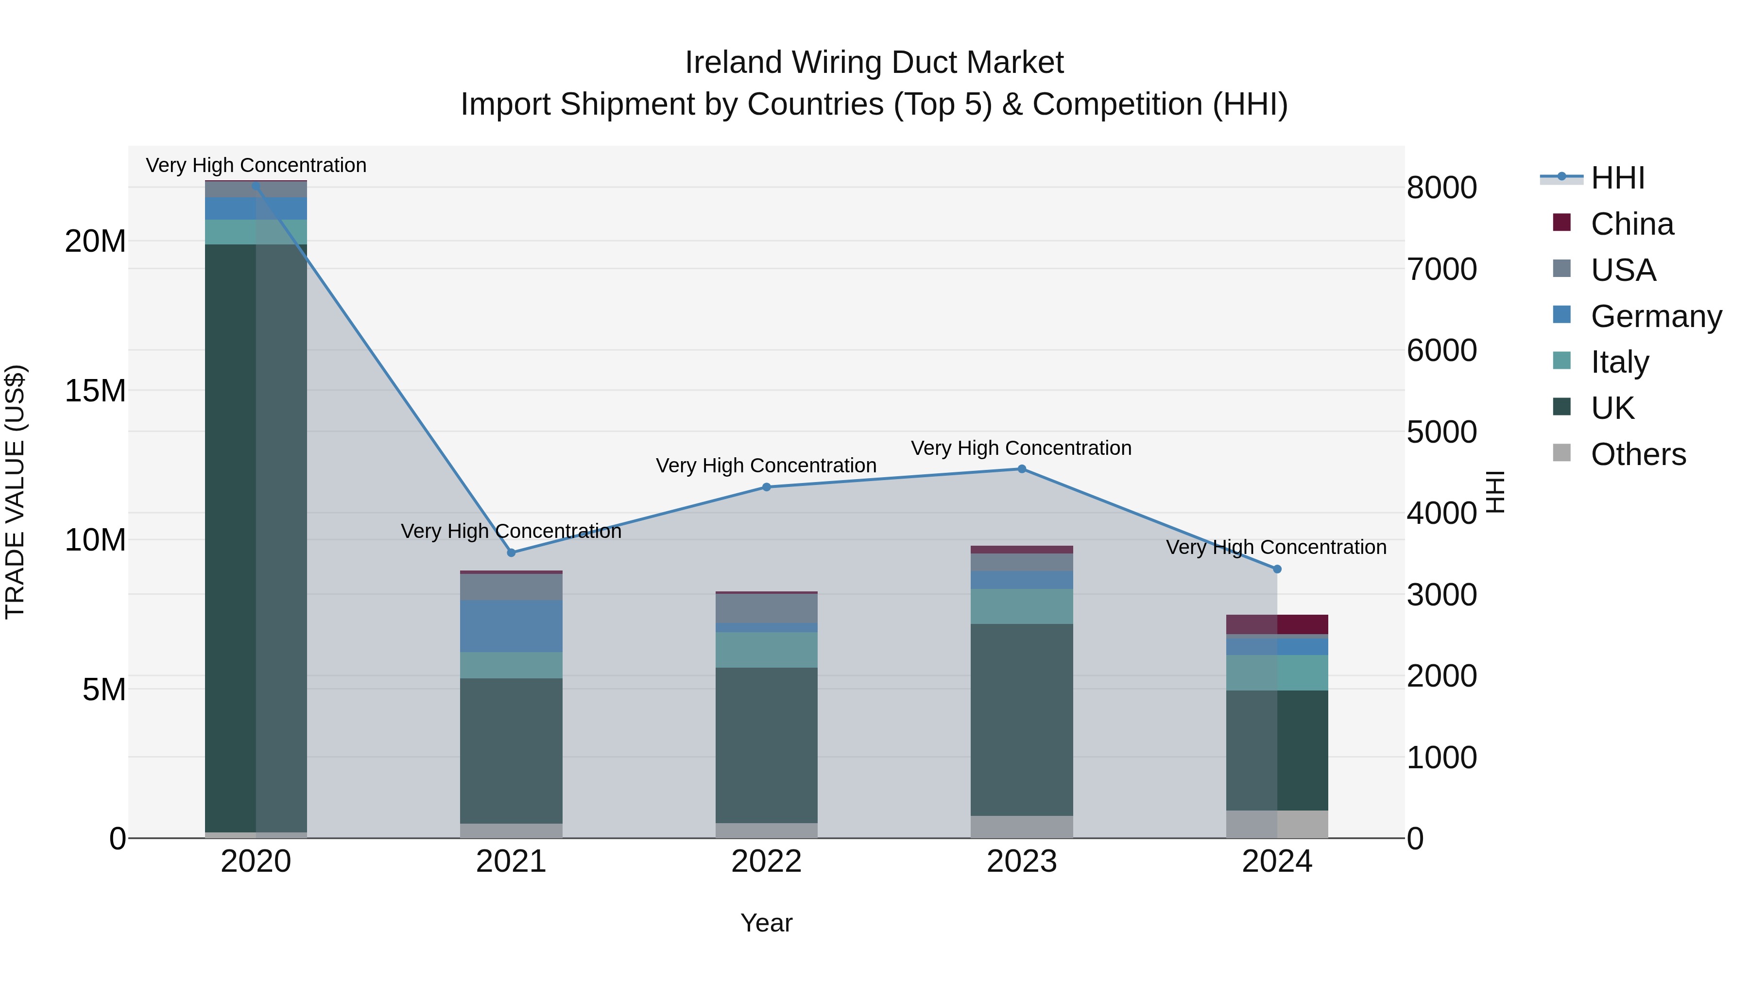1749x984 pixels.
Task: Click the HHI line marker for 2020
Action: [256, 186]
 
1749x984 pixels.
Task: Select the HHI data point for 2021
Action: [511, 553]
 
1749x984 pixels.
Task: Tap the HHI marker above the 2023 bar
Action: [1021, 468]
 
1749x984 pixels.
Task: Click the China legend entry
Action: [1631, 224]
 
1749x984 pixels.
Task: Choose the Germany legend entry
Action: [1655, 316]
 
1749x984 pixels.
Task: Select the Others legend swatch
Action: [1561, 453]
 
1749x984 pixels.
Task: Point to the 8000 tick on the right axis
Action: [1441, 188]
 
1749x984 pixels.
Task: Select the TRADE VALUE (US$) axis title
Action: [15, 492]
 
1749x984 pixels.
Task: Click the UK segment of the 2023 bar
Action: [1021, 720]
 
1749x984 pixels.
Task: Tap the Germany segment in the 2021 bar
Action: [511, 626]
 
